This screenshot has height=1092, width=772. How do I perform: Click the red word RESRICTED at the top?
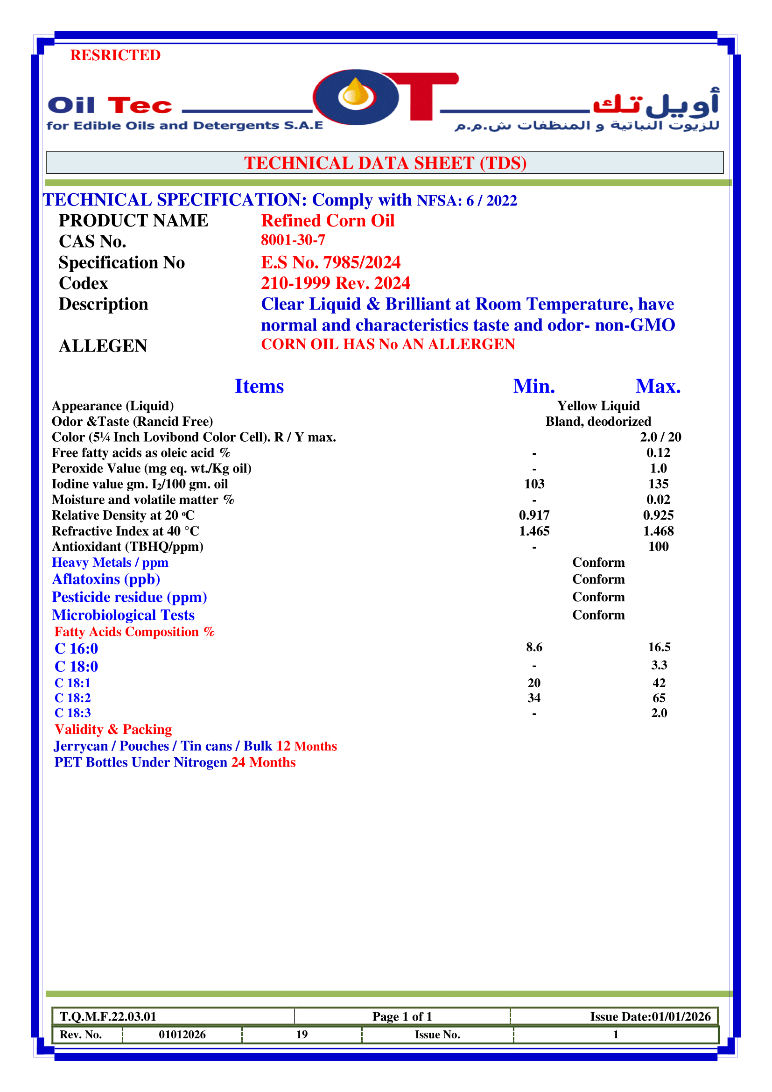tap(115, 55)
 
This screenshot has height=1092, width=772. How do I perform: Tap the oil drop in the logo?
tap(356, 93)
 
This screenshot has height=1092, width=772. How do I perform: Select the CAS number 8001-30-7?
tap(293, 240)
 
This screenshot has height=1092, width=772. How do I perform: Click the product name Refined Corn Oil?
tap(328, 221)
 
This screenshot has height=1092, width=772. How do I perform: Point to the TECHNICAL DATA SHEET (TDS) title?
tap(385, 163)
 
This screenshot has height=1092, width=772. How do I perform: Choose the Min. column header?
tap(534, 386)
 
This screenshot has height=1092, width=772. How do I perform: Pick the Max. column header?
tap(658, 386)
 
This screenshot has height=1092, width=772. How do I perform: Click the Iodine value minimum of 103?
tap(534, 484)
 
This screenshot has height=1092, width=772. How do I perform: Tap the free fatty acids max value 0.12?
tap(658, 453)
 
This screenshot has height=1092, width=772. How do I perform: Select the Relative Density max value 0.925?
tap(658, 515)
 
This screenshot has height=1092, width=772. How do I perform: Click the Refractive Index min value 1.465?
tap(534, 531)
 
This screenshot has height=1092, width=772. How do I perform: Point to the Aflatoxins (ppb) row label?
tap(106, 579)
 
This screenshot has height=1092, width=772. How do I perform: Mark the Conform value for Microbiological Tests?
tap(598, 615)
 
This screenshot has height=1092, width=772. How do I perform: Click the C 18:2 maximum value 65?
tap(659, 697)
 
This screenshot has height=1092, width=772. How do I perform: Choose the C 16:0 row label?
tap(76, 649)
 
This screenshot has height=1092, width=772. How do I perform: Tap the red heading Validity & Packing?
tap(113, 729)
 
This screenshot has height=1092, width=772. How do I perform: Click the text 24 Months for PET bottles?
tap(263, 762)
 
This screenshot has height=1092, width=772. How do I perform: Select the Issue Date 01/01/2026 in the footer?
tap(681, 1016)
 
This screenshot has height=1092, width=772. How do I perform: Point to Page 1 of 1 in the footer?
tap(402, 1016)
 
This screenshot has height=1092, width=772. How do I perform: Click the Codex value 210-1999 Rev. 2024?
tap(335, 283)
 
